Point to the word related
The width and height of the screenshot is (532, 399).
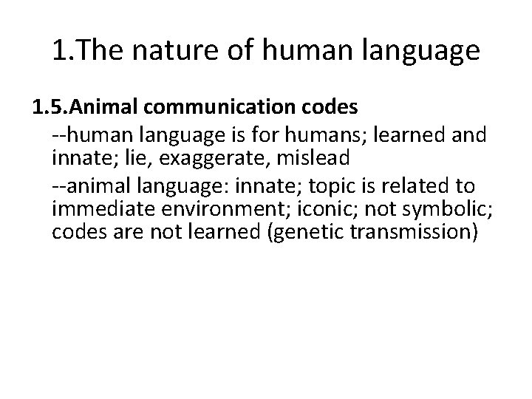point(423,185)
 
